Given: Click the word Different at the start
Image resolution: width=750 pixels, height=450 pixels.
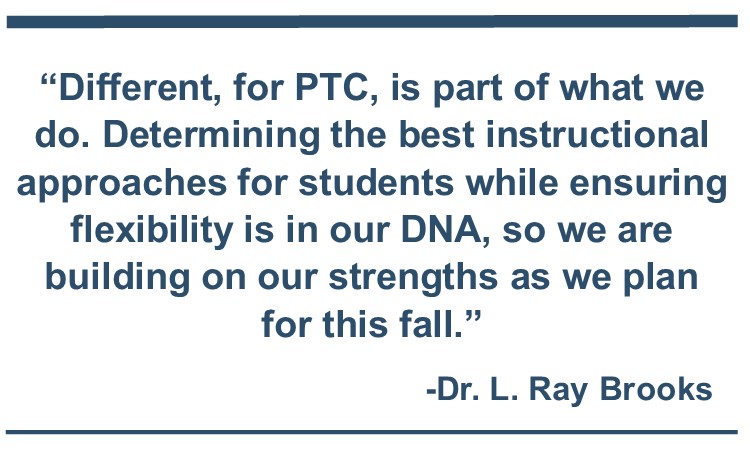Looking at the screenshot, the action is click(x=135, y=88).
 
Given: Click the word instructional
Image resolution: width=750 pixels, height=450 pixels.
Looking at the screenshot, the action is click(x=597, y=134).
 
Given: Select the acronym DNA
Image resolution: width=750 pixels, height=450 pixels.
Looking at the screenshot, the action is click(x=441, y=230).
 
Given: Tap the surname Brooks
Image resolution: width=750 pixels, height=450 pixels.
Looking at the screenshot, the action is click(x=656, y=388).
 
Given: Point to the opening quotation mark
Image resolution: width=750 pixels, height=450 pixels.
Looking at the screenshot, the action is click(x=48, y=79).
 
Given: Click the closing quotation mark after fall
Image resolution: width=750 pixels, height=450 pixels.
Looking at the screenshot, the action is click(x=472, y=316).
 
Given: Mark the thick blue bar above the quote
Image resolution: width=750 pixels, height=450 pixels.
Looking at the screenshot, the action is click(x=372, y=22).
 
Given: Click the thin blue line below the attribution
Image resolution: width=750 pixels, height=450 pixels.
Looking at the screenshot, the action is click(x=372, y=432).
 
